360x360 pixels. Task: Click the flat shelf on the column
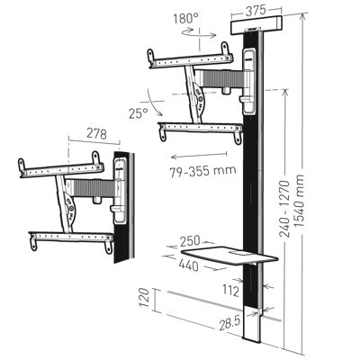(225, 256)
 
